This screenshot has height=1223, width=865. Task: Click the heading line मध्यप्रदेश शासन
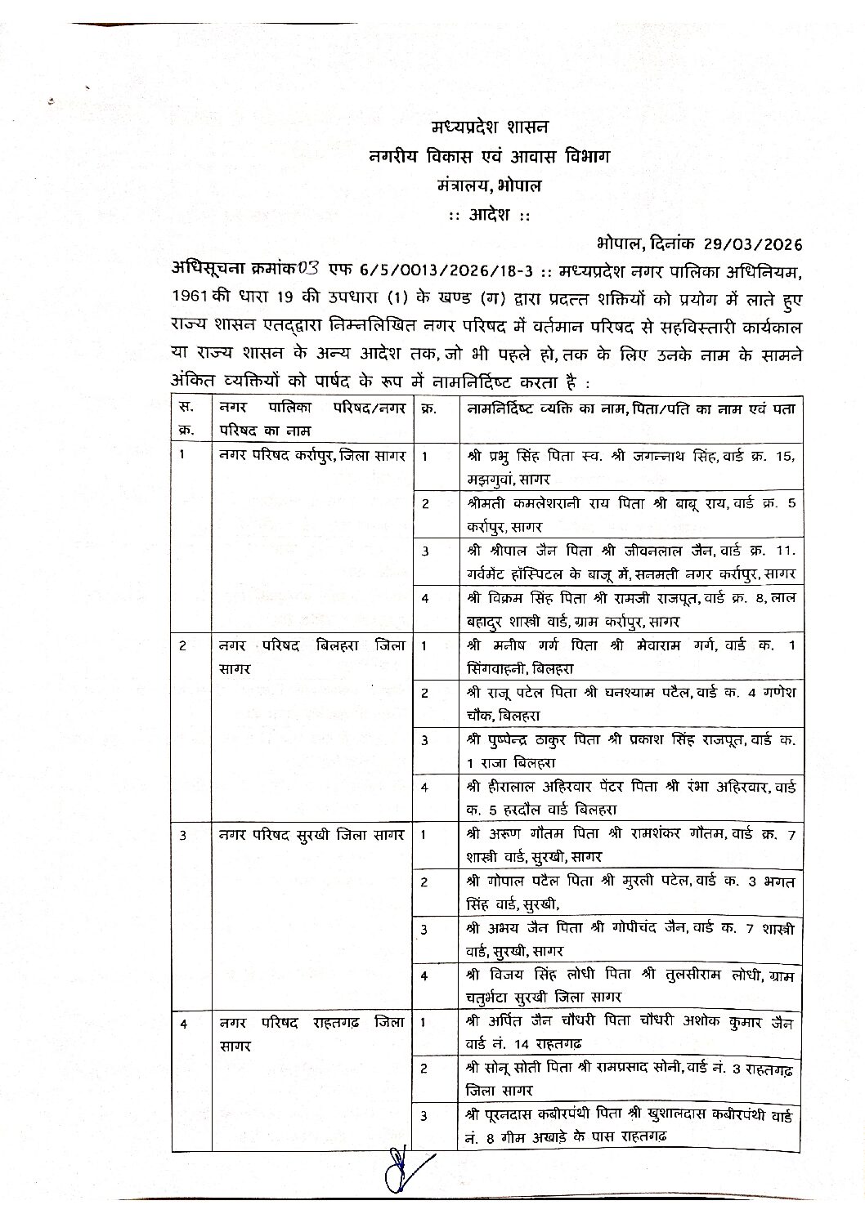(x=491, y=127)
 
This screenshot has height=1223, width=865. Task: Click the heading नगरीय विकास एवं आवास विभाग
(x=489, y=157)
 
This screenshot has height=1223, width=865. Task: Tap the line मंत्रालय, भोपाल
(x=490, y=185)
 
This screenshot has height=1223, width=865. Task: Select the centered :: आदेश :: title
(x=490, y=214)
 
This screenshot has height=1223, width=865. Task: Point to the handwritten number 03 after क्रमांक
(x=310, y=267)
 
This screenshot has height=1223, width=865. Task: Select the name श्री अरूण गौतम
(x=507, y=835)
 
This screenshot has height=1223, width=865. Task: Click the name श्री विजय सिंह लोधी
(x=524, y=976)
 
